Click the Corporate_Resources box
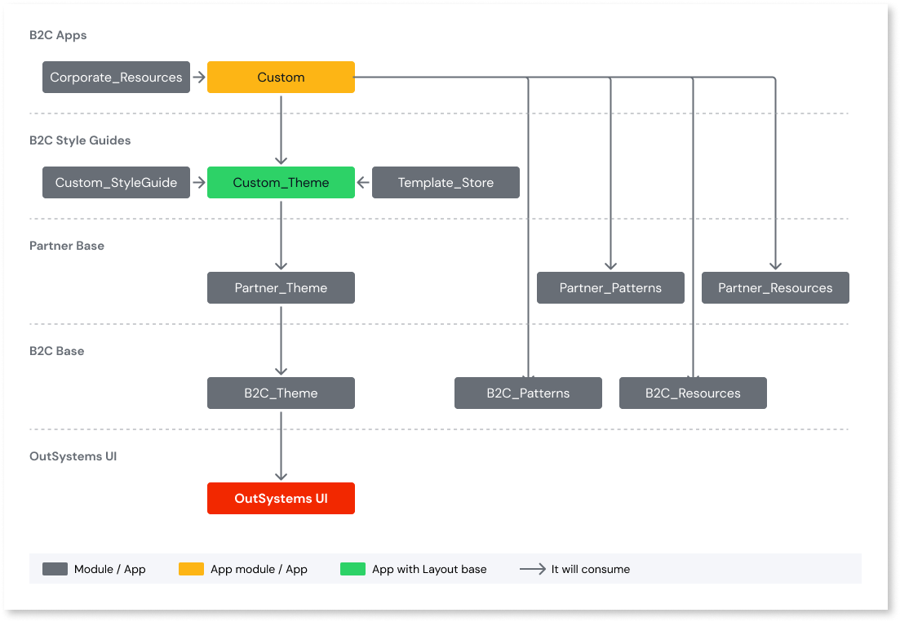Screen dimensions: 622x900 116,78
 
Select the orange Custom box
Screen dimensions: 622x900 281,78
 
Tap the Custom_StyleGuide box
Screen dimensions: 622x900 116,183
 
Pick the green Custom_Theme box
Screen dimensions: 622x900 281,183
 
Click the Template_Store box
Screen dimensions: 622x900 446,183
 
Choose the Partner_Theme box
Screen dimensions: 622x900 281,288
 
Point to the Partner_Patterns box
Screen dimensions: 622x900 610,288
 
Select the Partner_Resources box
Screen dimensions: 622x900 775,288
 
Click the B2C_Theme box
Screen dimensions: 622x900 281,393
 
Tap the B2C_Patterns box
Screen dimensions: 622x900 528,393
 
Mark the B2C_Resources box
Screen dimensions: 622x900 693,393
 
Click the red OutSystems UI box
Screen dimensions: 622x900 281,499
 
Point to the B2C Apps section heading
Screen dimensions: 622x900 58,35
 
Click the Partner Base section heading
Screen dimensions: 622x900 67,246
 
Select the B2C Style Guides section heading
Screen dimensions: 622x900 80,140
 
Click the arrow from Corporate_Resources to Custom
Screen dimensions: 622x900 198,78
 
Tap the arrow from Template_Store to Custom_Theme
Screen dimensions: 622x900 364,183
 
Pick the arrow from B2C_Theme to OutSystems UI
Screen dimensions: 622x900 281,447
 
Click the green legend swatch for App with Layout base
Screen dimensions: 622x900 352,569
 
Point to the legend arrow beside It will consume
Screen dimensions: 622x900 533,569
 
